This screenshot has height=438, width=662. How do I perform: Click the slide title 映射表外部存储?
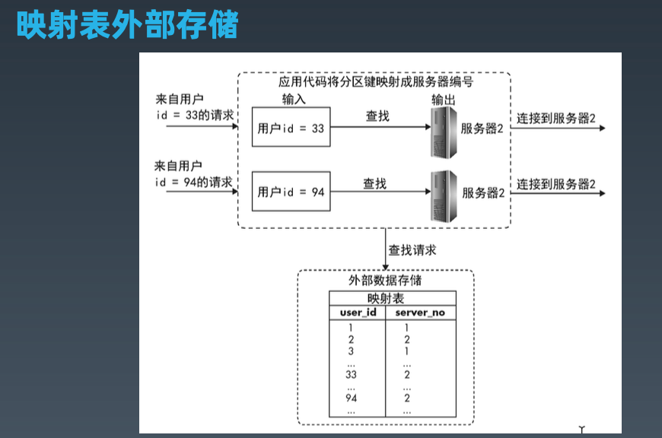(128, 24)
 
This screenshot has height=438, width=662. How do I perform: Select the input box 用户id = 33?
(291, 129)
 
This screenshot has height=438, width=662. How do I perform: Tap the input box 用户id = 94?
(291, 192)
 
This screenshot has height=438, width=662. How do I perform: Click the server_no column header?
(421, 313)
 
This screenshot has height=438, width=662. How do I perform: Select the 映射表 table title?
(386, 299)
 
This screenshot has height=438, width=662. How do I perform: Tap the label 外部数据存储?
(386, 281)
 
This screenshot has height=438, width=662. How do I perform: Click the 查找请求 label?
(412, 249)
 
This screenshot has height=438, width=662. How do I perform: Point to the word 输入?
(294, 100)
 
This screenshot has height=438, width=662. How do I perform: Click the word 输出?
(444, 100)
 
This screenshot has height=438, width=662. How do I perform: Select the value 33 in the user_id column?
(351, 375)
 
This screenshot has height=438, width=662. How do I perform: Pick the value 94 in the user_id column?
(351, 398)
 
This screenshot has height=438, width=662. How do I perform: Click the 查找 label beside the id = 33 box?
(377, 116)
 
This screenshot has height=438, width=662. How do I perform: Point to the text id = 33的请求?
(194, 115)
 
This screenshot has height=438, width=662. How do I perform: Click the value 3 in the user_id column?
(351, 352)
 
